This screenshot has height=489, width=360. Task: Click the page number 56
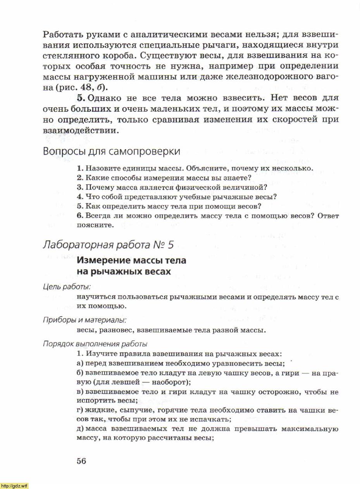pyautogui.click(x=81, y=461)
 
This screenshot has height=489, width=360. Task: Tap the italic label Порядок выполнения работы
pyautogui.click(x=95, y=344)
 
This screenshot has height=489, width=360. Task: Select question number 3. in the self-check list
pyautogui.click(x=80, y=187)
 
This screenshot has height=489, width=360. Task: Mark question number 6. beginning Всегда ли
pyautogui.click(x=80, y=215)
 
